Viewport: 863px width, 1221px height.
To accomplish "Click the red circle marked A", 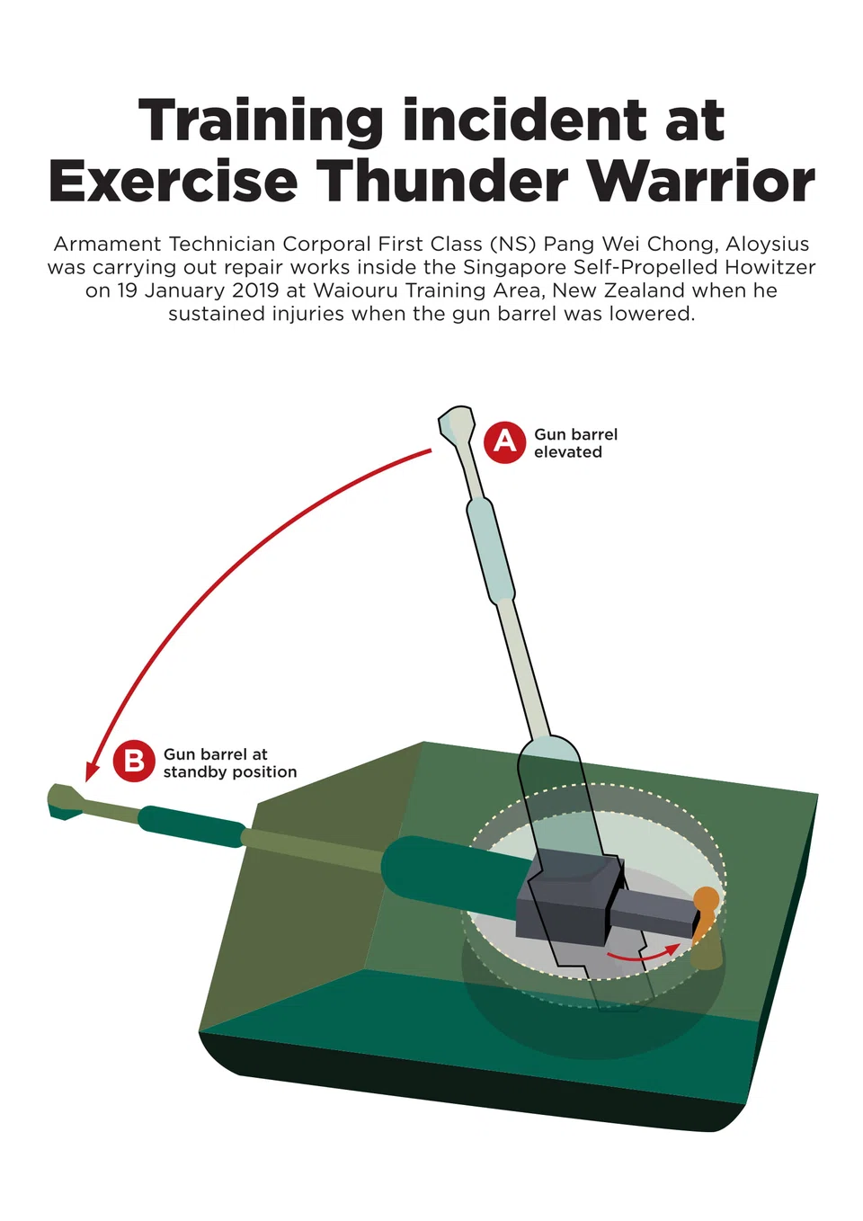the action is [504, 442].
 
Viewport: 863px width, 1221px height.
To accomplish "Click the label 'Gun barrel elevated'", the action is [576, 443].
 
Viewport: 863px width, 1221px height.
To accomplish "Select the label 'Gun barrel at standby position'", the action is [230, 763].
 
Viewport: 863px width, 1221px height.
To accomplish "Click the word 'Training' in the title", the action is [261, 121].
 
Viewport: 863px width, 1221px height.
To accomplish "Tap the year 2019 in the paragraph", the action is [255, 290].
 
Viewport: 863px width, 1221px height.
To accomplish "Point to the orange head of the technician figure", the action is [707, 897].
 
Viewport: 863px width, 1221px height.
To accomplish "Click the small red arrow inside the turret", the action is [643, 953].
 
